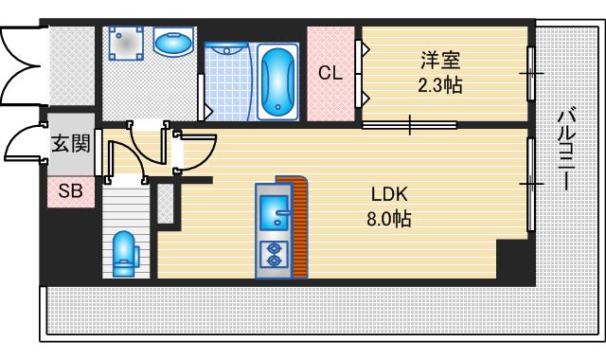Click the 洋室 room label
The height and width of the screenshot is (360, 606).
[x=440, y=62]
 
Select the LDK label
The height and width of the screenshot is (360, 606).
[x=389, y=195]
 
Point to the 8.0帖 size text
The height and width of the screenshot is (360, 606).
[x=389, y=219]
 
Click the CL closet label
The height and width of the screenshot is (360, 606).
[x=330, y=73]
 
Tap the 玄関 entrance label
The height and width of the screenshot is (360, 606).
[x=71, y=144]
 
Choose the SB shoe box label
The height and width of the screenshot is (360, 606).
[x=71, y=191]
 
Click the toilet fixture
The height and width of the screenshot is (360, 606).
[x=124, y=253]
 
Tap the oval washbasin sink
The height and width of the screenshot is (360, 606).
[x=172, y=44]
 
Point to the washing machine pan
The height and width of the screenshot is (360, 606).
[x=126, y=44]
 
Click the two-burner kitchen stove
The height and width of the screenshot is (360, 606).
[x=274, y=254]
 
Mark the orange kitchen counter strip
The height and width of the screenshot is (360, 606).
[x=300, y=227]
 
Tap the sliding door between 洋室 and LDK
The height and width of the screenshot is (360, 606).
[x=410, y=124]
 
